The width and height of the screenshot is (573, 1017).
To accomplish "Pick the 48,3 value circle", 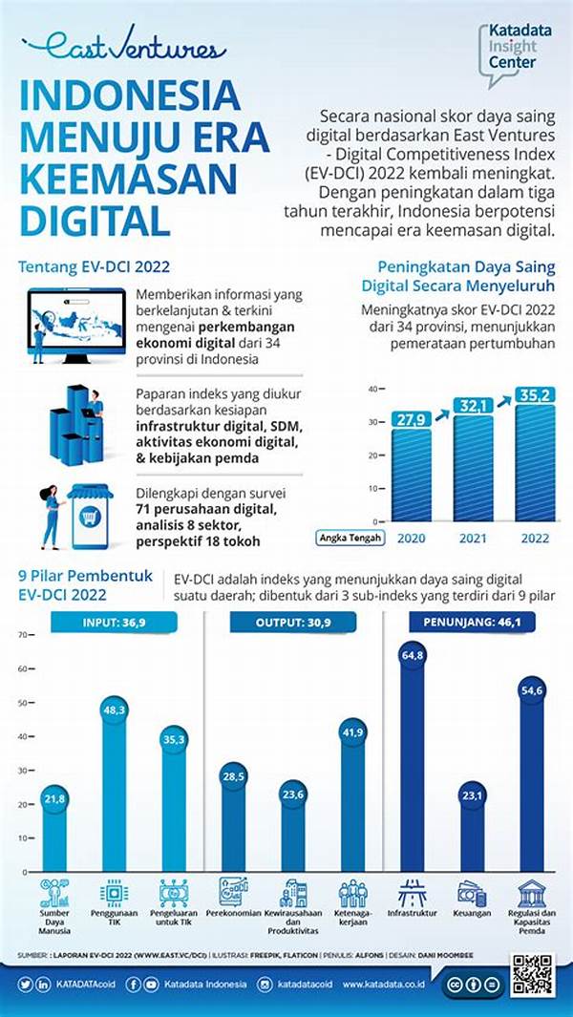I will point(115,710).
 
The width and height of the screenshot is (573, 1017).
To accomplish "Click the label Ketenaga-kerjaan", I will point(353,919).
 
